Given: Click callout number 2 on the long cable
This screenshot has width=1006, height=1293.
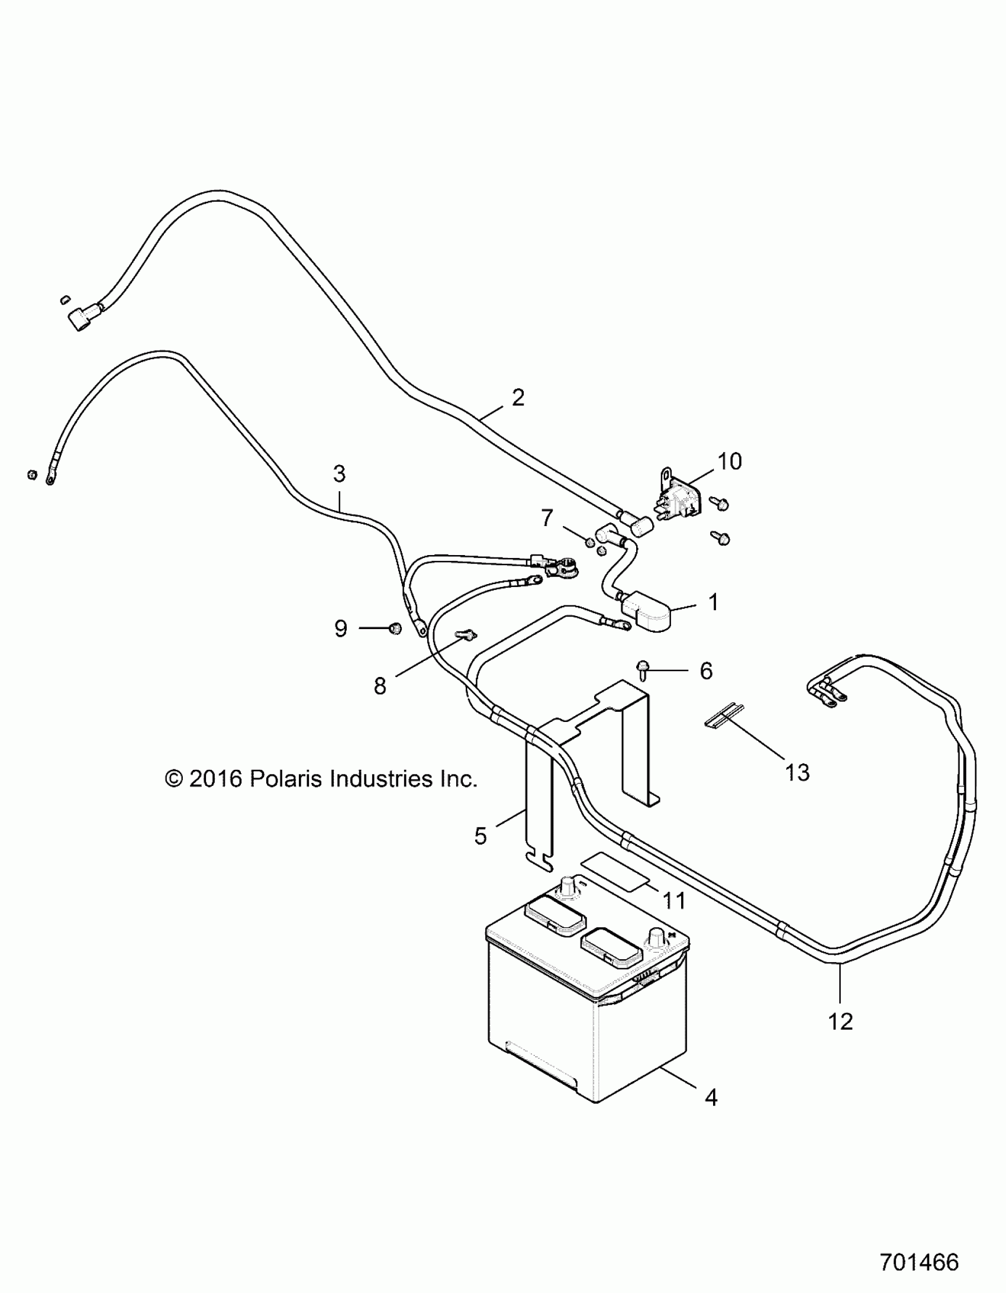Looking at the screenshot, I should tap(518, 397).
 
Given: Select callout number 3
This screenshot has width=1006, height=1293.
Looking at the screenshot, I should tap(338, 473).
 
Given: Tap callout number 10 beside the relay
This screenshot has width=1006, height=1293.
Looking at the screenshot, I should tap(730, 461).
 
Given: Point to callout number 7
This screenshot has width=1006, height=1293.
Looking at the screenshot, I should tap(547, 518).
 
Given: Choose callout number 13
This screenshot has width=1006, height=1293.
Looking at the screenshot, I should tap(797, 772).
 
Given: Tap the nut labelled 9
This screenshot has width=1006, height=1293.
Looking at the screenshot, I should tap(394, 628).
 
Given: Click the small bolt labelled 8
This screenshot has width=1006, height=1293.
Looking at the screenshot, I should tap(466, 636).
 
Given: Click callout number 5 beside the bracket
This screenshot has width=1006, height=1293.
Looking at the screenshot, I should tap(480, 836).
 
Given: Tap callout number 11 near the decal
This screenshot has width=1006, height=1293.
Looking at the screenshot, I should tap(674, 901).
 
